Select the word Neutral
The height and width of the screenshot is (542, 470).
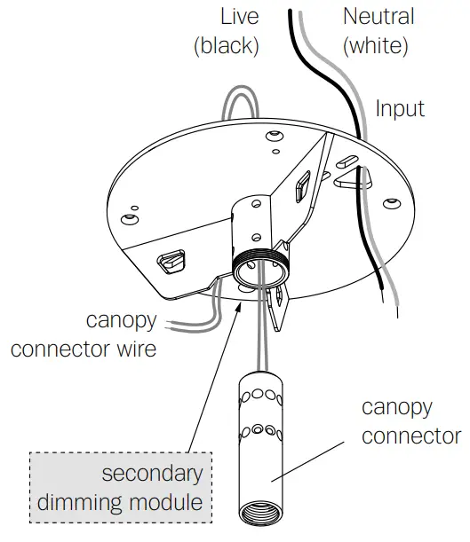378,17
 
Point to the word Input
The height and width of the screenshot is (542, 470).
400,109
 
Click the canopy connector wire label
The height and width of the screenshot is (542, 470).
84,334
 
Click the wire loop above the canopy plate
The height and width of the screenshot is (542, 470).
239,102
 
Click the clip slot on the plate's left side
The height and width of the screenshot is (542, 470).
174,263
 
